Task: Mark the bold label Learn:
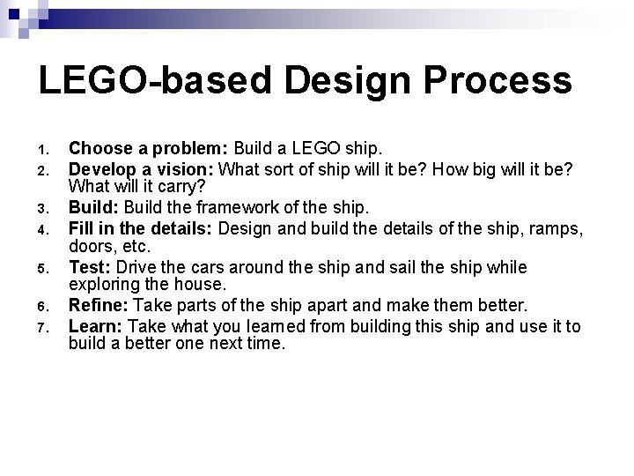coord(96,328)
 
